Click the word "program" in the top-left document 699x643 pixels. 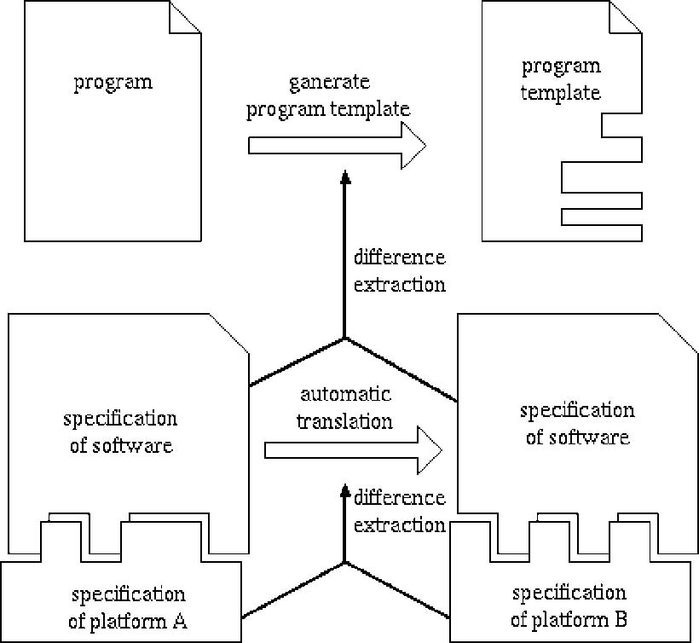tap(113, 83)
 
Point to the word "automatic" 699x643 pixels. tap(345, 395)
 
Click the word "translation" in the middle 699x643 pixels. tap(345, 421)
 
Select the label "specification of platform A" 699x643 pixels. tap(128, 607)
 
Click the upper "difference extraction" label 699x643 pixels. tap(399, 271)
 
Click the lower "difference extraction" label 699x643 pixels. tap(399, 511)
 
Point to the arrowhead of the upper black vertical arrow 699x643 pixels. tap(344, 177)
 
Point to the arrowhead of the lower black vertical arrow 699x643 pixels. tap(344, 490)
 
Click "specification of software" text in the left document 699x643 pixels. tap(120, 432)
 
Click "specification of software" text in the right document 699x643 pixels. tap(577, 424)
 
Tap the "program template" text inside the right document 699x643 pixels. tap(561, 79)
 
